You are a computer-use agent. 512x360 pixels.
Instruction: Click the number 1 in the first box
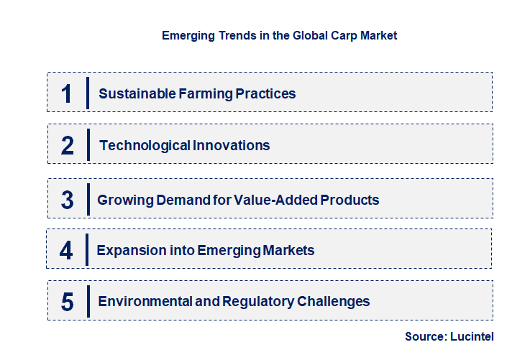click(x=66, y=93)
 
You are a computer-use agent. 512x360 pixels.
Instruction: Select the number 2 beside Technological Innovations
click(x=68, y=146)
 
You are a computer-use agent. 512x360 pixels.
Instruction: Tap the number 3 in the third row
click(x=68, y=200)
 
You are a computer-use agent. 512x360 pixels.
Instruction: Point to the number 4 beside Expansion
click(x=66, y=251)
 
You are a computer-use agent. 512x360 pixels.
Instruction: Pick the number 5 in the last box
click(x=68, y=302)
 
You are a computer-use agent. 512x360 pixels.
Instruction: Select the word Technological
click(x=145, y=145)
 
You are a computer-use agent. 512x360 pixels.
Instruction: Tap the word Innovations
click(x=232, y=145)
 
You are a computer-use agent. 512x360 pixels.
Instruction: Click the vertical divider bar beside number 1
click(x=87, y=93)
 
